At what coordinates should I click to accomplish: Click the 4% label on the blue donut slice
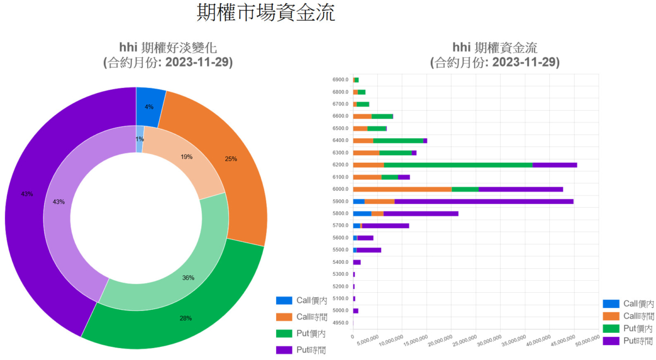149,107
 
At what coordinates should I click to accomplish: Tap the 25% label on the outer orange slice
231,159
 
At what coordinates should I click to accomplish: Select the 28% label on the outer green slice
186,318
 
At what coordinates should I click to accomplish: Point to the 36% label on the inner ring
188,278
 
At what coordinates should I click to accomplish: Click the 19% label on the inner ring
186,157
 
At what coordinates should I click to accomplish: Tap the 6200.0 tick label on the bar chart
340,164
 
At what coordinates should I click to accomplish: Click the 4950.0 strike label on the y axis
340,322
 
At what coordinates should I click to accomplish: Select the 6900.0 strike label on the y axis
340,80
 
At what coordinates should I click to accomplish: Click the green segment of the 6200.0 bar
458,164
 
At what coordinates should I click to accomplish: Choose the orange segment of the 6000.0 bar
402,189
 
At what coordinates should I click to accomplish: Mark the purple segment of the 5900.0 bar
484,201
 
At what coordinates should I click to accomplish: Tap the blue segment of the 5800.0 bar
362,213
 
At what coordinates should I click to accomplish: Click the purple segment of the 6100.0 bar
403,177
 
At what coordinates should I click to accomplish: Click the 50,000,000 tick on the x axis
587,342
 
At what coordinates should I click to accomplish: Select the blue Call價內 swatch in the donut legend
284,300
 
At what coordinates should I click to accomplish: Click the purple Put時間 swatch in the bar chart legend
611,340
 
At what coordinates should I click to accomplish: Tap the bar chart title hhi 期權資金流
495,47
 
